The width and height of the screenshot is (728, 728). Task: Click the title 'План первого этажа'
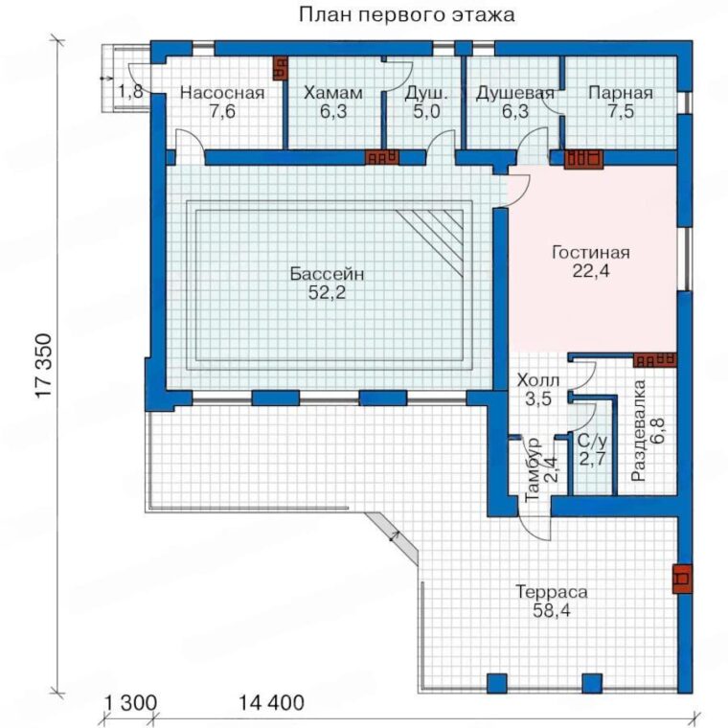tap(407, 15)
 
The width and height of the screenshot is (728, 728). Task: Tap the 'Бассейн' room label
tap(327, 274)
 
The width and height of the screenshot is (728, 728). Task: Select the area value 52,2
tap(327, 293)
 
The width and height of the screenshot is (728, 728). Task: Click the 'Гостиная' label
tap(591, 253)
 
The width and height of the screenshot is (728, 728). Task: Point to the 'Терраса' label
tap(552, 592)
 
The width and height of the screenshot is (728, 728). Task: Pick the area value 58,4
tap(552, 611)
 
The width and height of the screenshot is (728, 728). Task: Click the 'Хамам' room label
tap(333, 93)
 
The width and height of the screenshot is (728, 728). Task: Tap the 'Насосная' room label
tap(222, 93)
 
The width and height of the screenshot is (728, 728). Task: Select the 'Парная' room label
tap(621, 93)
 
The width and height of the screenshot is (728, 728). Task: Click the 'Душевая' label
tap(515, 93)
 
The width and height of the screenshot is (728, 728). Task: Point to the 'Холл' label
tap(538, 380)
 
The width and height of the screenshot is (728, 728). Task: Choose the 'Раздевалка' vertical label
tap(639, 430)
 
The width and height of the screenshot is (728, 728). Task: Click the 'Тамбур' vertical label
tap(532, 468)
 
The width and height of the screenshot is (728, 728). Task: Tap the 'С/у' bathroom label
tap(592, 440)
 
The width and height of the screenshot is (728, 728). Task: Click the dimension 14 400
tap(272, 702)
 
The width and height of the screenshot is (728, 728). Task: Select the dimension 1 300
tap(130, 702)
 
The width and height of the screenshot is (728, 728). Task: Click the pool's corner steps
tap(429, 242)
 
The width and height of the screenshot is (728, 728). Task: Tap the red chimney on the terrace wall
tap(682, 579)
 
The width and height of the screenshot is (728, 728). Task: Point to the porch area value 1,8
tap(130, 91)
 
